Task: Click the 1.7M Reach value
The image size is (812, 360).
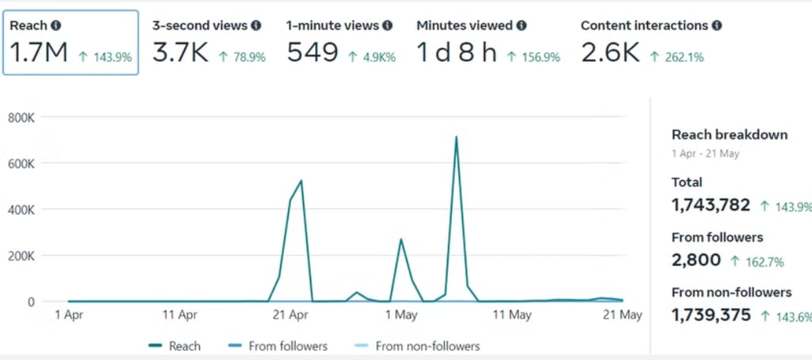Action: click(x=39, y=53)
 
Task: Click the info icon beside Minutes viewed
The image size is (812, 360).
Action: click(x=521, y=25)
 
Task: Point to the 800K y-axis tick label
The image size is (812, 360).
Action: click(x=21, y=117)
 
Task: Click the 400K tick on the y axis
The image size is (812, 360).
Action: click(x=21, y=209)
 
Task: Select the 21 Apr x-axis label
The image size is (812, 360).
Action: click(x=289, y=315)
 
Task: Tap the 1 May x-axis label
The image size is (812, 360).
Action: click(x=401, y=315)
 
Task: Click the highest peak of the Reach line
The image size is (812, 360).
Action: click(x=456, y=137)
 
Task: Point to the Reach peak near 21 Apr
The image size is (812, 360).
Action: click(x=301, y=181)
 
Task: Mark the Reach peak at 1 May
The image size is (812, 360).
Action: click(x=401, y=239)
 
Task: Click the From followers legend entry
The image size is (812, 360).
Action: click(x=277, y=346)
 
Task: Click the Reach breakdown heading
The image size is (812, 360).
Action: click(x=729, y=135)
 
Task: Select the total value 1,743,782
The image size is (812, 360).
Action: click(x=710, y=205)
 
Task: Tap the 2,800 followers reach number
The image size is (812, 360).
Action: click(x=696, y=260)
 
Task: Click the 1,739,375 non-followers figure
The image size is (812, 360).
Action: click(x=710, y=315)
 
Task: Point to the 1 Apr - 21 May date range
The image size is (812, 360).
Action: click(x=705, y=154)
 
